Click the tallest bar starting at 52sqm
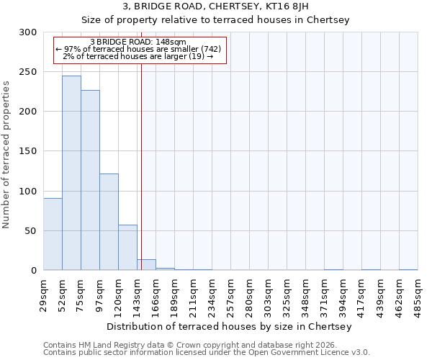tap(71, 173)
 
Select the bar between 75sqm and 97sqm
tap(90, 180)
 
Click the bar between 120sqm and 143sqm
tap(127, 248)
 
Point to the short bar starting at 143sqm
tap(146, 265)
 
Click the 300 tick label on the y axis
tap(28, 32)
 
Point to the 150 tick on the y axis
tap(28, 151)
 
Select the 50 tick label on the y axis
tap(31, 231)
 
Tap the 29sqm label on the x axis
tap(44, 294)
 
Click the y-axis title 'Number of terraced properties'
tap(6, 155)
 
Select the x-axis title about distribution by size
tap(229, 327)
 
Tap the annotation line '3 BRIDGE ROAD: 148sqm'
tap(140, 42)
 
